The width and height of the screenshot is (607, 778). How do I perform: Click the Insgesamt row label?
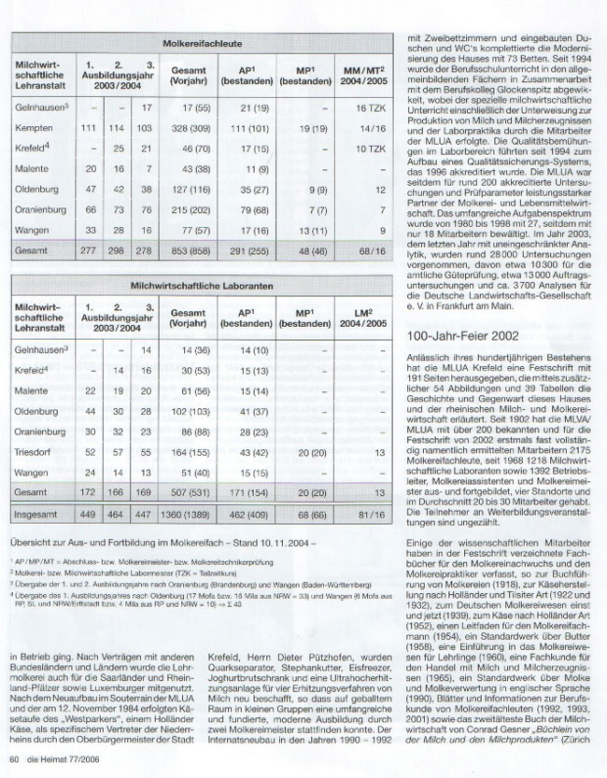pos(36,514)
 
